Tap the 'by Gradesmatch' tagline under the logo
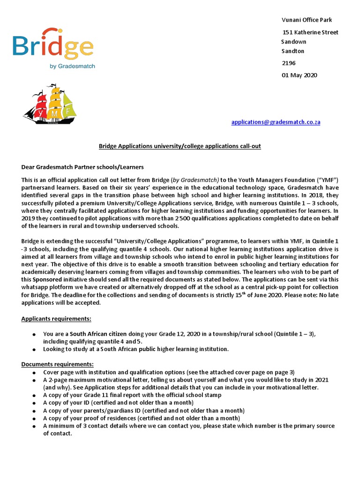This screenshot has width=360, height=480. (72, 66)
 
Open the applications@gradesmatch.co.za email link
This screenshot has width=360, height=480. (276, 122)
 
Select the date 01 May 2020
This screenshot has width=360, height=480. (299, 75)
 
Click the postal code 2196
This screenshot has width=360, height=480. (289, 63)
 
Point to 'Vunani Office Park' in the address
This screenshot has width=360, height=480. (307, 20)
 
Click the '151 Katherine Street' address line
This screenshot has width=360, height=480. (310, 32)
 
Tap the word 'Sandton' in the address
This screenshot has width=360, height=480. (292, 51)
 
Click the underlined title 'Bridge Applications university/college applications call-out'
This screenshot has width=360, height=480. (180, 146)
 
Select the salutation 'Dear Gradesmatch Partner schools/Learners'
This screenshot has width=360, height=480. (82, 167)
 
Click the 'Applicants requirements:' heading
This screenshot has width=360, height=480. (56, 319)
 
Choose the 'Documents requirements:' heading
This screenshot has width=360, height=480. (57, 364)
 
